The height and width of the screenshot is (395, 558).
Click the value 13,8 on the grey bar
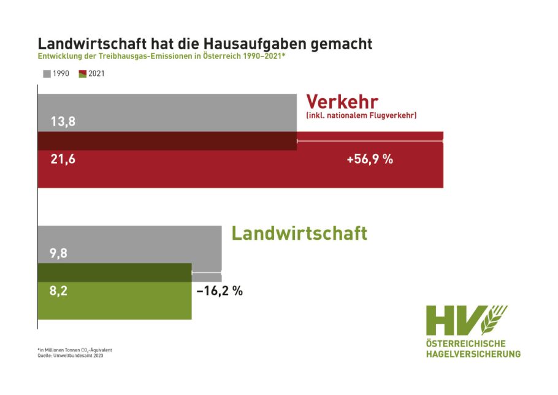pyautogui.click(x=63, y=121)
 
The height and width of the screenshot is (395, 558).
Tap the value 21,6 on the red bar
pyautogui.click(x=63, y=159)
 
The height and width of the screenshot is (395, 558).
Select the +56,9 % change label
pyautogui.click(x=369, y=159)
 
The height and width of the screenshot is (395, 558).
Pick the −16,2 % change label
pyautogui.click(x=220, y=291)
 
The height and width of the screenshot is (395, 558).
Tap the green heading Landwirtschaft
pyautogui.click(x=299, y=233)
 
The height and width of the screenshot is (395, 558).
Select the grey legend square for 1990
pyautogui.click(x=47, y=74)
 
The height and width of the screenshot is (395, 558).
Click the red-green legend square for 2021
pyautogui.click(x=83, y=74)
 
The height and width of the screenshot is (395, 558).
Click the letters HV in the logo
pyautogui.click(x=454, y=320)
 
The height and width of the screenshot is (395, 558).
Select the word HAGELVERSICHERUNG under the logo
pyautogui.click(x=473, y=353)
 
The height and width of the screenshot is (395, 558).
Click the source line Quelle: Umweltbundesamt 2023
pyautogui.click(x=70, y=356)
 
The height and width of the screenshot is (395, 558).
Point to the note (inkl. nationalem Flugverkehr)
pyautogui.click(x=361, y=115)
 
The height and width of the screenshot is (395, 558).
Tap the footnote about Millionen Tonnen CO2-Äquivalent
pyautogui.click(x=75, y=350)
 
